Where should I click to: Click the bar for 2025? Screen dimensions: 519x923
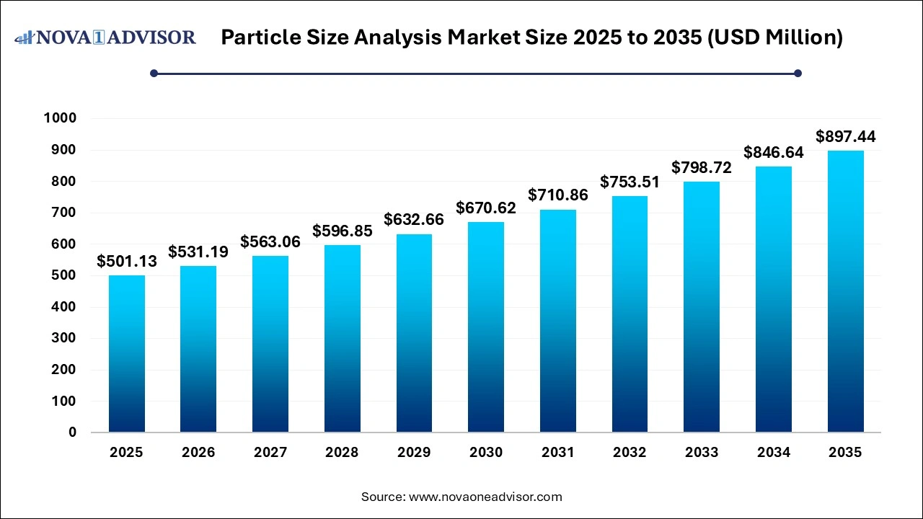[126, 354]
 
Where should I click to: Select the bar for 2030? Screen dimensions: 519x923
[486, 327]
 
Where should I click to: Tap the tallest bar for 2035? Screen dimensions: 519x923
[845, 291]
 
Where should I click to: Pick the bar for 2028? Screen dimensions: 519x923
[342, 339]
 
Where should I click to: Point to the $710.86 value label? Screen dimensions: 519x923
[557, 195]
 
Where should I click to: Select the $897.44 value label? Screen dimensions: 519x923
[845, 136]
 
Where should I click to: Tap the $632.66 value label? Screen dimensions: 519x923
[414, 219]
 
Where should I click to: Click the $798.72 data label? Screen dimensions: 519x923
[702, 167]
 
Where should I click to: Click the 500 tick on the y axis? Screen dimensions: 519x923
[66, 275]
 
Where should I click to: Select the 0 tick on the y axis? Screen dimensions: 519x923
[73, 432]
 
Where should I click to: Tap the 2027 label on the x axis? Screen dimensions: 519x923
[270, 453]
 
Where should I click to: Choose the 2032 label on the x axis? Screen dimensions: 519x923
[630, 453]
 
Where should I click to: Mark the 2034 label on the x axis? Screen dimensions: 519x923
[773, 453]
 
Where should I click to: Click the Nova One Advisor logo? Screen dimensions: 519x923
[105, 37]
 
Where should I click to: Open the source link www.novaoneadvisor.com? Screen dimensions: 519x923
[485, 497]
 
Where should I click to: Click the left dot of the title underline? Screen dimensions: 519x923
[154, 73]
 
